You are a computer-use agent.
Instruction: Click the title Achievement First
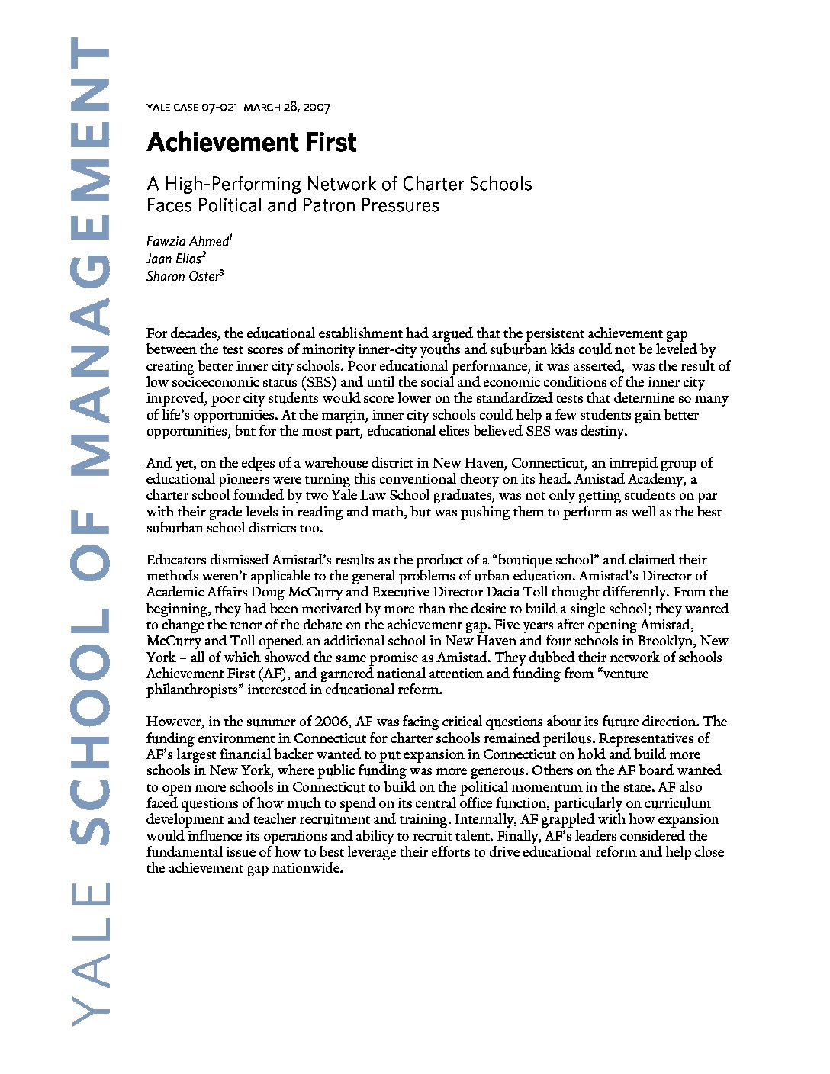click(x=252, y=143)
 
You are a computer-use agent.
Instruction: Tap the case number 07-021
click(x=220, y=108)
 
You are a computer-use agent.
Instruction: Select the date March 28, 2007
click(x=287, y=108)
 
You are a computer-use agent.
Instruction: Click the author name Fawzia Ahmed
click(x=187, y=242)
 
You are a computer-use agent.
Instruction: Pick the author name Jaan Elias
click(x=174, y=259)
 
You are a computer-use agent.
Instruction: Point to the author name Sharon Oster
click(x=182, y=277)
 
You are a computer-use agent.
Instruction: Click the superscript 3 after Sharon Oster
click(x=221, y=273)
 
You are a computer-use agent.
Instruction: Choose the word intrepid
click(x=610, y=463)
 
